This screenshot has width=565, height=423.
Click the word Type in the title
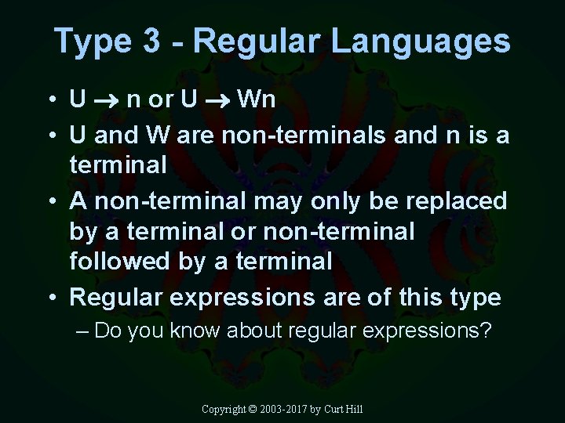click(x=92, y=42)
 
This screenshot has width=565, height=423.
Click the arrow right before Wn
click(x=217, y=100)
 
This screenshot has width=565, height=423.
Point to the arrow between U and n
click(x=107, y=100)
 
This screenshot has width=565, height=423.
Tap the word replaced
click(x=456, y=201)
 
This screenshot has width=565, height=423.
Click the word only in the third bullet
click(x=367, y=201)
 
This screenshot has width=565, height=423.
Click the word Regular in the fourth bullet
click(x=118, y=298)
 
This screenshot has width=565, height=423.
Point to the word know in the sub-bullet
click(x=195, y=331)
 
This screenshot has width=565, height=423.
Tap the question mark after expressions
click(x=485, y=331)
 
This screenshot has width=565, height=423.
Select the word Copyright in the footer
click(x=223, y=409)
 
